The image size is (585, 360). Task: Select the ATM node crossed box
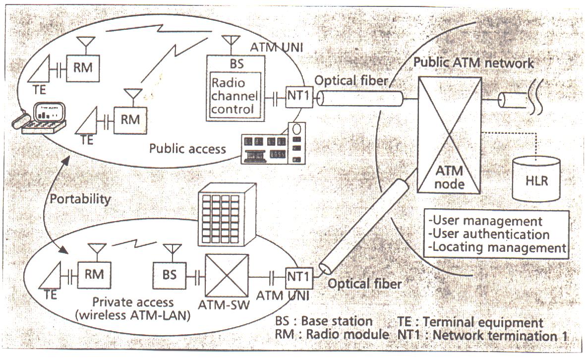[x=450, y=135]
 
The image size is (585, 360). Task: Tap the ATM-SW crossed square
[x=227, y=276]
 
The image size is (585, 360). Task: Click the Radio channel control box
[x=234, y=96]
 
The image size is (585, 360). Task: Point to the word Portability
[x=80, y=198]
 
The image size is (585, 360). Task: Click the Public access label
[x=188, y=148]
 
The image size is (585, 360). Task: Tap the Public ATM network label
[x=474, y=62]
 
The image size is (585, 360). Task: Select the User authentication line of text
[x=489, y=234]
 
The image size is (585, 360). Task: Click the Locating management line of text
[x=497, y=247]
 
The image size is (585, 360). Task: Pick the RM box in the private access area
[x=94, y=275]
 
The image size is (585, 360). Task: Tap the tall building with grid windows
[x=227, y=214]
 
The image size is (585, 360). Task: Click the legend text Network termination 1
[x=500, y=335]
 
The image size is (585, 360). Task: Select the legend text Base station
[x=337, y=321]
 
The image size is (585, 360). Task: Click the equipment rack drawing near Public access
[x=274, y=144]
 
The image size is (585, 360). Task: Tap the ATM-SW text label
[x=224, y=305]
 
